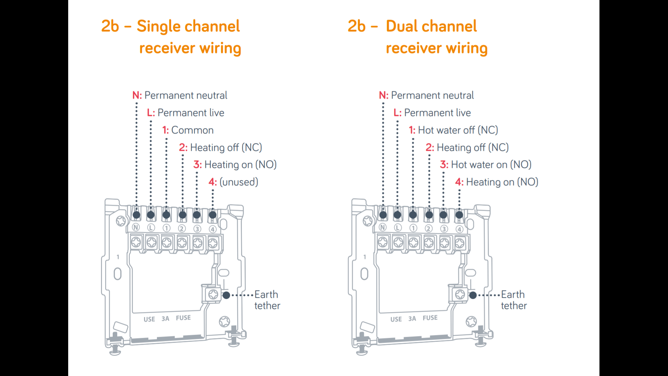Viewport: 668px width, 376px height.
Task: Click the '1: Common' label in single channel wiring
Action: click(x=188, y=130)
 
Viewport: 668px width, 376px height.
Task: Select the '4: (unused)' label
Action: click(x=233, y=182)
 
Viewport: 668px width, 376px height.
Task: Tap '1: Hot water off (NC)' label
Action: click(x=453, y=130)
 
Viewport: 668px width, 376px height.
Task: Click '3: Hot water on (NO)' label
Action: click(x=486, y=165)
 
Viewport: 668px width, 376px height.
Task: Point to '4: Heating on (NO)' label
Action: click(x=497, y=182)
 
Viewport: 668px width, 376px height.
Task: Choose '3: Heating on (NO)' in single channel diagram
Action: click(x=235, y=165)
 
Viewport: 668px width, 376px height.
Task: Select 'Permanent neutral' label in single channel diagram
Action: click(x=186, y=95)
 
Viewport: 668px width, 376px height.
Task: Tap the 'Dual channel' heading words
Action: click(x=431, y=26)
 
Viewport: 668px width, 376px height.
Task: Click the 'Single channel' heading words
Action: click(x=188, y=26)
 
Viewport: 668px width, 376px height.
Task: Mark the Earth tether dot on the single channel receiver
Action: click(x=226, y=295)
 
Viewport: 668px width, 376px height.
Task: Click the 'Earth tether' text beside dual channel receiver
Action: click(x=514, y=300)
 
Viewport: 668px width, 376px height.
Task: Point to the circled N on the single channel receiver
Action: click(x=136, y=227)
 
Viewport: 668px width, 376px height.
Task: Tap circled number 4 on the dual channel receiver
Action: click(x=459, y=229)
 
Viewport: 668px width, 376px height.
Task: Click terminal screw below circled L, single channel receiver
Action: click(x=151, y=242)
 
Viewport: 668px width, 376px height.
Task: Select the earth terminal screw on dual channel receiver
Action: click(x=460, y=295)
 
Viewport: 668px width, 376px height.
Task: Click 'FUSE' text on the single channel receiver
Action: click(x=183, y=318)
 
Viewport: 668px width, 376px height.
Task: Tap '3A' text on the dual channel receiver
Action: click(x=412, y=319)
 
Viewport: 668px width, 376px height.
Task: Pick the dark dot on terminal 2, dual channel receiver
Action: click(x=429, y=215)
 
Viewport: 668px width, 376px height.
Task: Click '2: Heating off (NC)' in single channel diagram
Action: click(x=221, y=148)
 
